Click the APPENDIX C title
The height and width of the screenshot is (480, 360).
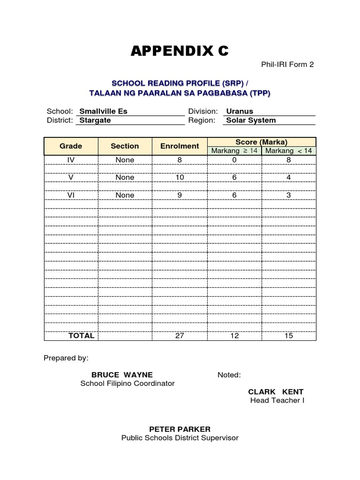click(x=180, y=51)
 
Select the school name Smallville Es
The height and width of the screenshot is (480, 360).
click(x=104, y=112)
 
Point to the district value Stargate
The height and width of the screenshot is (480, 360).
click(x=95, y=120)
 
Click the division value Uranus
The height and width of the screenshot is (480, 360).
click(x=240, y=112)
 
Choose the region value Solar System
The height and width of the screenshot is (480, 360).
click(x=251, y=120)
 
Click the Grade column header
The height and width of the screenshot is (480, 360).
click(x=71, y=146)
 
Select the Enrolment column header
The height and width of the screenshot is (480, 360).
click(x=180, y=146)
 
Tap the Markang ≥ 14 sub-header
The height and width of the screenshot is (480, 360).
click(x=234, y=150)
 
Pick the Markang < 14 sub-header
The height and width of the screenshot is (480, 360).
click(x=289, y=150)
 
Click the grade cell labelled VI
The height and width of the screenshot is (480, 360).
click(x=71, y=195)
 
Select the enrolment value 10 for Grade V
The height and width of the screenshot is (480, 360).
click(x=180, y=178)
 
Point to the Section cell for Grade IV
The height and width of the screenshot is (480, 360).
click(x=125, y=160)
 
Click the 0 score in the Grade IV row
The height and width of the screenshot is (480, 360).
click(x=234, y=160)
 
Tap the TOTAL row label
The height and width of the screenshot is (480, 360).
click(x=81, y=336)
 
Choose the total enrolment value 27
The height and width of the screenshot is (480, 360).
click(x=180, y=336)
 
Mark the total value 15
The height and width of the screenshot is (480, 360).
click(x=289, y=336)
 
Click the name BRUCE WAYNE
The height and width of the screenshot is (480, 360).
click(x=122, y=375)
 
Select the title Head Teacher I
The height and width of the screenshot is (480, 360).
click(x=277, y=401)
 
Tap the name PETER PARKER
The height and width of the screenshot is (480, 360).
click(x=180, y=429)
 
